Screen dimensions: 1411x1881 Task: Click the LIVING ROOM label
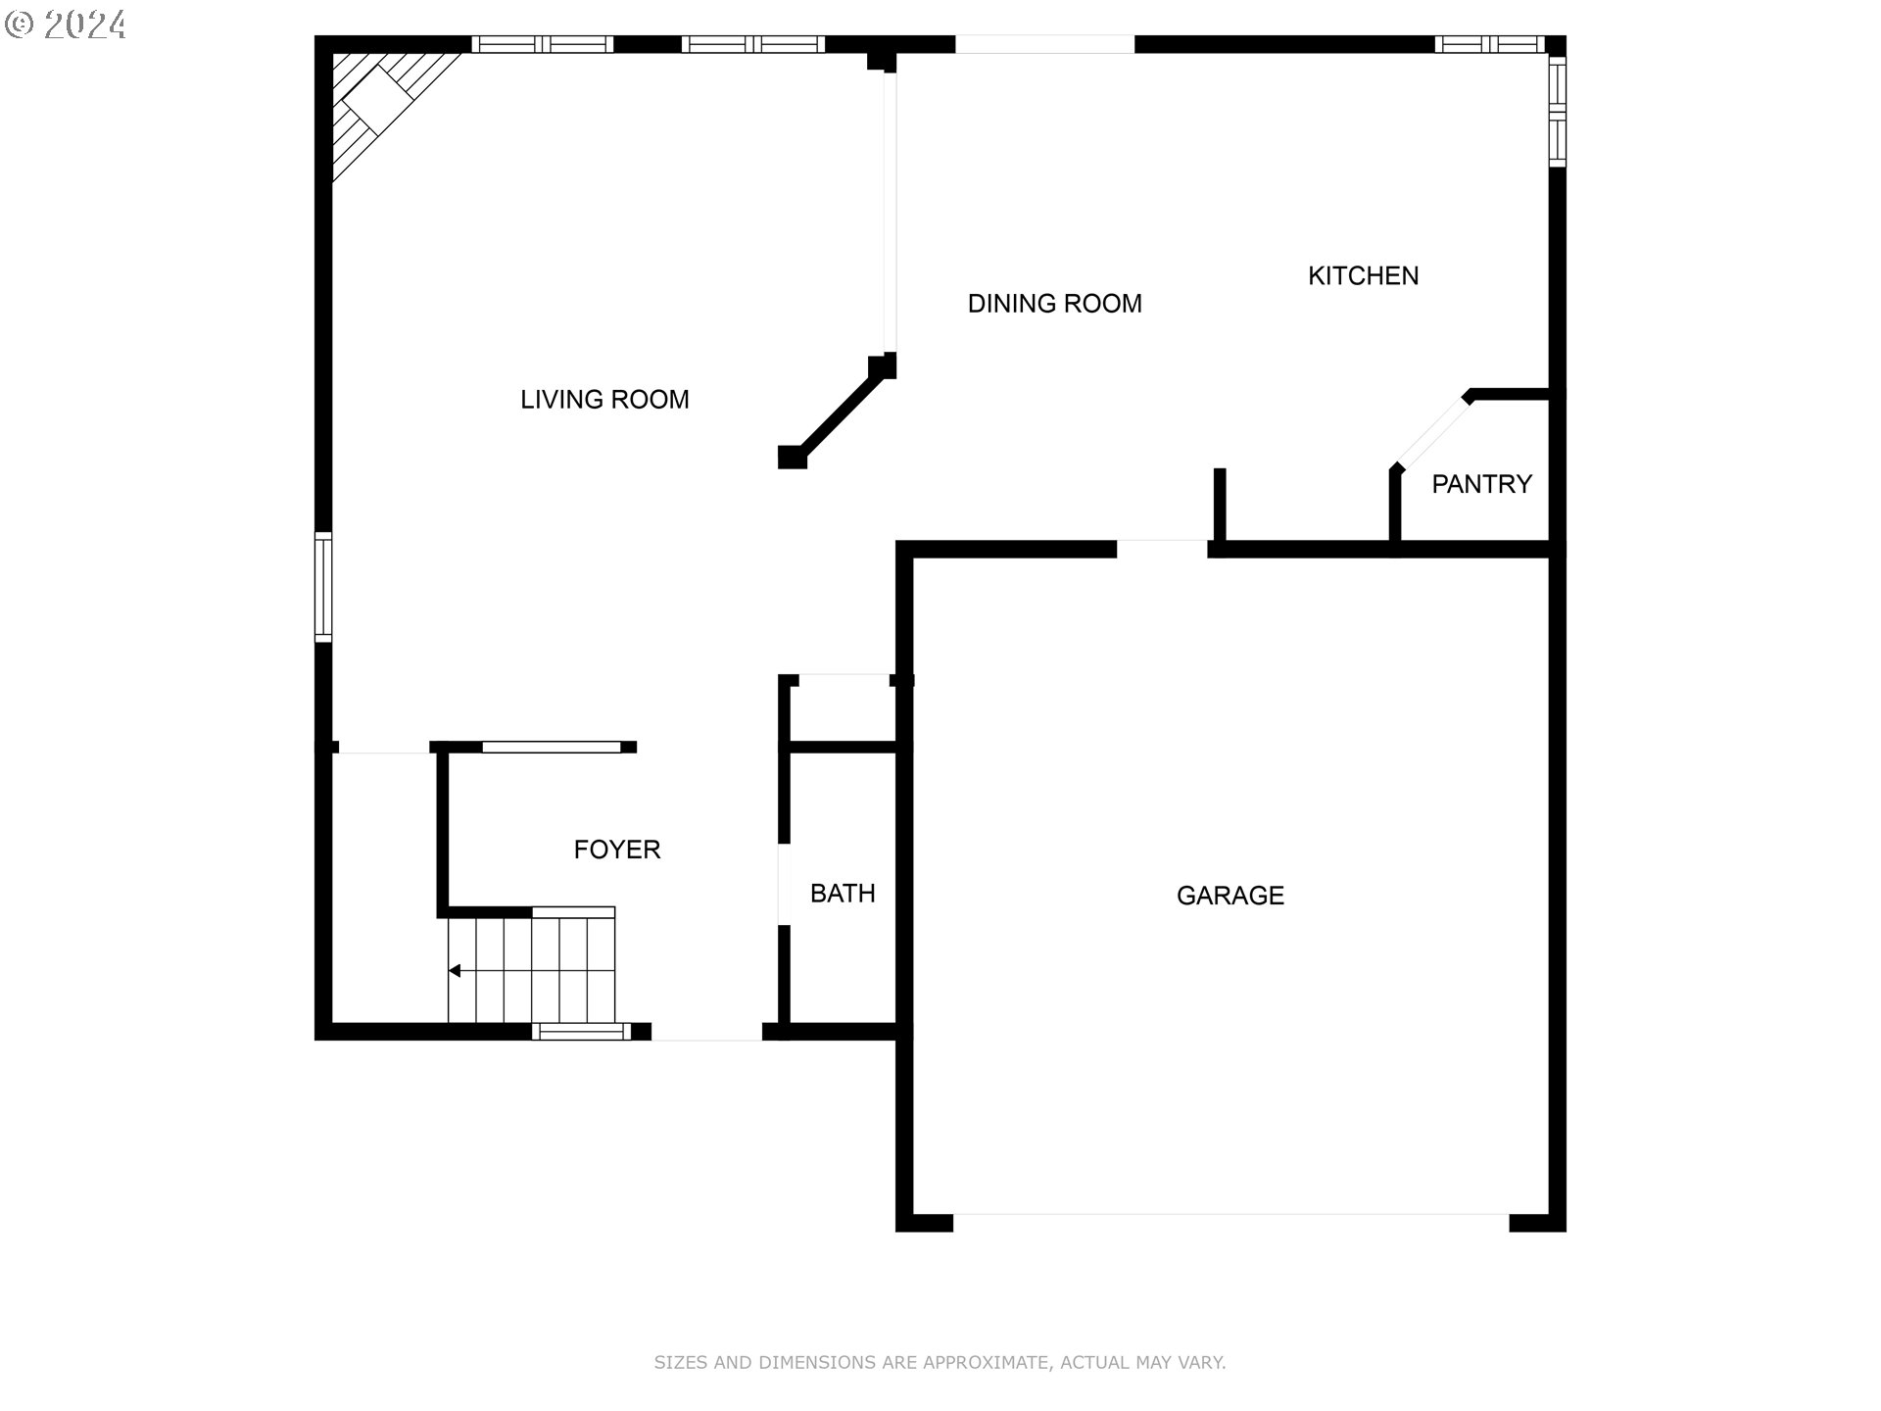pyautogui.click(x=604, y=400)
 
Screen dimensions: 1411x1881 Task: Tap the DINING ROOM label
pyautogui.click(x=1054, y=304)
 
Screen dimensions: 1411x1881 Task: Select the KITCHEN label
pyautogui.click(x=1363, y=276)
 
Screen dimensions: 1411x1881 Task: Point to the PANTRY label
pyautogui.click(x=1481, y=484)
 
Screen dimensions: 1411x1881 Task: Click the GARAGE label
pyautogui.click(x=1230, y=896)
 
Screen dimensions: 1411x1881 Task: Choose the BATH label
pyautogui.click(x=843, y=894)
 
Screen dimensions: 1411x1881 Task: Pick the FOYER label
pyautogui.click(x=617, y=850)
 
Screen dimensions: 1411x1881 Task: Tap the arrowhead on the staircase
pyautogui.click(x=455, y=971)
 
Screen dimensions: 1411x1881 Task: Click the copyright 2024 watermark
pyautogui.click(x=67, y=24)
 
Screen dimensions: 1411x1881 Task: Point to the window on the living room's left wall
pyautogui.click(x=323, y=587)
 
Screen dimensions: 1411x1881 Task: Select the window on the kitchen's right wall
pyautogui.click(x=1557, y=112)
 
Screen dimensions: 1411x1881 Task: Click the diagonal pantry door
pyautogui.click(x=1431, y=432)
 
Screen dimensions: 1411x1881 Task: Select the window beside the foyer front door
pyautogui.click(x=581, y=1031)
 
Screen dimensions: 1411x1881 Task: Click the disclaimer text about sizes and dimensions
pyautogui.click(x=940, y=1362)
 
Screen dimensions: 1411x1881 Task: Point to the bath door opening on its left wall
pyautogui.click(x=784, y=884)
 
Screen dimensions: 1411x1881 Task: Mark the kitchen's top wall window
pyautogui.click(x=1489, y=44)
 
